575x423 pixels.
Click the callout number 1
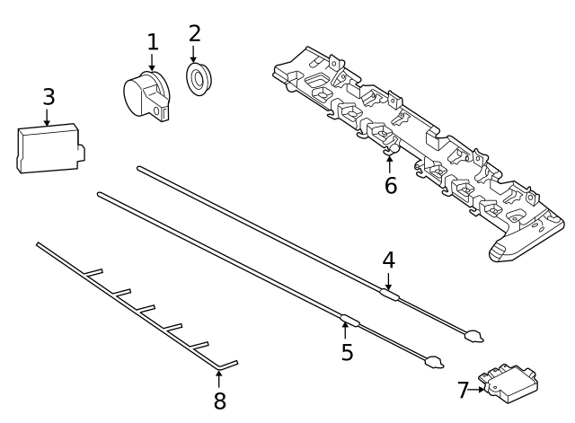coord(152,41)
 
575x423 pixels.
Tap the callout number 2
coord(194,34)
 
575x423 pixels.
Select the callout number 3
coord(49,97)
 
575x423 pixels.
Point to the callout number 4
coord(388,260)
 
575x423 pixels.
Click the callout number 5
coord(347,352)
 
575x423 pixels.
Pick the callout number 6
coord(390,186)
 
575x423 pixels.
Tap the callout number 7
coord(464,390)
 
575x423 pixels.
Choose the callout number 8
coord(219,401)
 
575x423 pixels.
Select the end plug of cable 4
coord(473,337)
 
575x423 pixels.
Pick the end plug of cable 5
coord(434,364)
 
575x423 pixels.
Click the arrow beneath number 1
coord(152,62)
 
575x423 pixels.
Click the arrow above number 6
coord(389,163)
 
